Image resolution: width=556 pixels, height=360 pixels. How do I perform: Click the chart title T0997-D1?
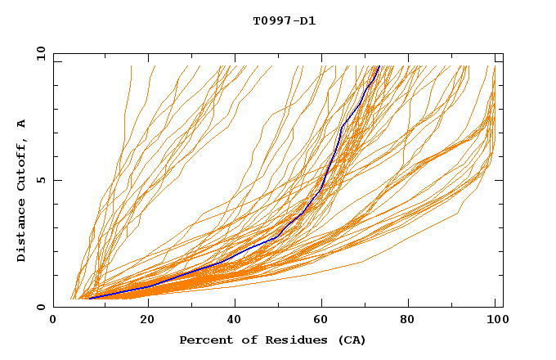[284, 21]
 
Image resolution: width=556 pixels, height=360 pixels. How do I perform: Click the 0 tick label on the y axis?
[40, 308]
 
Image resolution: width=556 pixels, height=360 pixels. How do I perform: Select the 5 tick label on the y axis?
[40, 180]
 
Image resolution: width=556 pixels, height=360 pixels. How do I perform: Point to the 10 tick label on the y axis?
[38, 53]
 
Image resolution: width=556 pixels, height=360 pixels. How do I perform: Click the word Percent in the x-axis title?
[202, 340]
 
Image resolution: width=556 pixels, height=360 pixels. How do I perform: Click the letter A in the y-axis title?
[21, 124]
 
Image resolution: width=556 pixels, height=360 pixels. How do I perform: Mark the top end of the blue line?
[379, 65]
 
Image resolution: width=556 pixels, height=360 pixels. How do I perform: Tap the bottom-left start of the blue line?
[90, 298]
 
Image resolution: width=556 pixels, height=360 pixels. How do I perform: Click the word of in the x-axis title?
[243, 340]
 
